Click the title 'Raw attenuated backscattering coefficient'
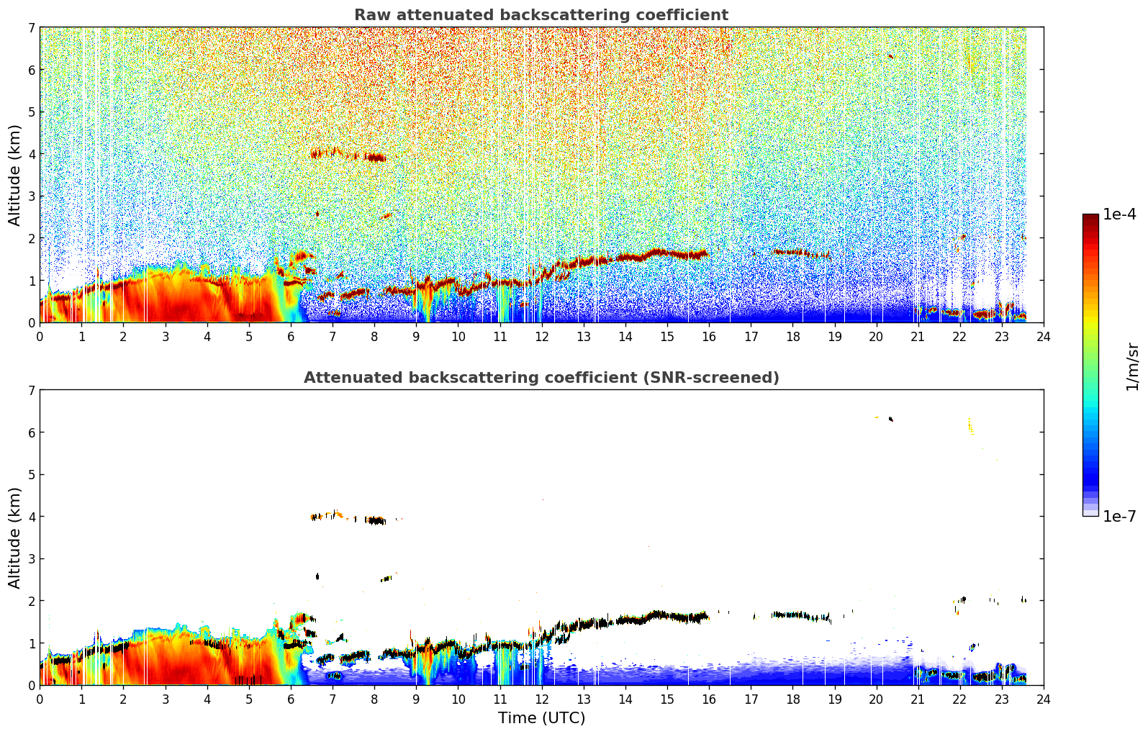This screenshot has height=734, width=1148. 541,15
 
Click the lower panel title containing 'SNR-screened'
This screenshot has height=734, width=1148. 541,377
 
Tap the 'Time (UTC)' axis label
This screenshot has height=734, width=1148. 541,718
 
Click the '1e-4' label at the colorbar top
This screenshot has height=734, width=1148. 1119,214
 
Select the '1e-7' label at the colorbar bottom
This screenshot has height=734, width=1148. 1119,516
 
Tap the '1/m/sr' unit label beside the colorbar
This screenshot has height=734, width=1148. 1132,368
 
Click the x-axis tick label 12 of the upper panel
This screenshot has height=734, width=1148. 542,337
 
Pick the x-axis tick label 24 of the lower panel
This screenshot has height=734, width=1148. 1044,699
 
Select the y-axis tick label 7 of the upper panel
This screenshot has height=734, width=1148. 32,27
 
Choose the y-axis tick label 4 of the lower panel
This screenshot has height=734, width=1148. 32,517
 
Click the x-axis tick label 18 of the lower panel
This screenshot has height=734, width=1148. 792,699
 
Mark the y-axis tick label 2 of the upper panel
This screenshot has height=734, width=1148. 32,238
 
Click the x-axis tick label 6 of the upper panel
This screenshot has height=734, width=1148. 291,337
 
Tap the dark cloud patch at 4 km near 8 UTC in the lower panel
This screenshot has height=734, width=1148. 376,520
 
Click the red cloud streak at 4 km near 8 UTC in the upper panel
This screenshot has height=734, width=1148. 376,158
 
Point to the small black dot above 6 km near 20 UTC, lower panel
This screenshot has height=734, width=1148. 891,419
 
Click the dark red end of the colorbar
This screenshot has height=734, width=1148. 1090,217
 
